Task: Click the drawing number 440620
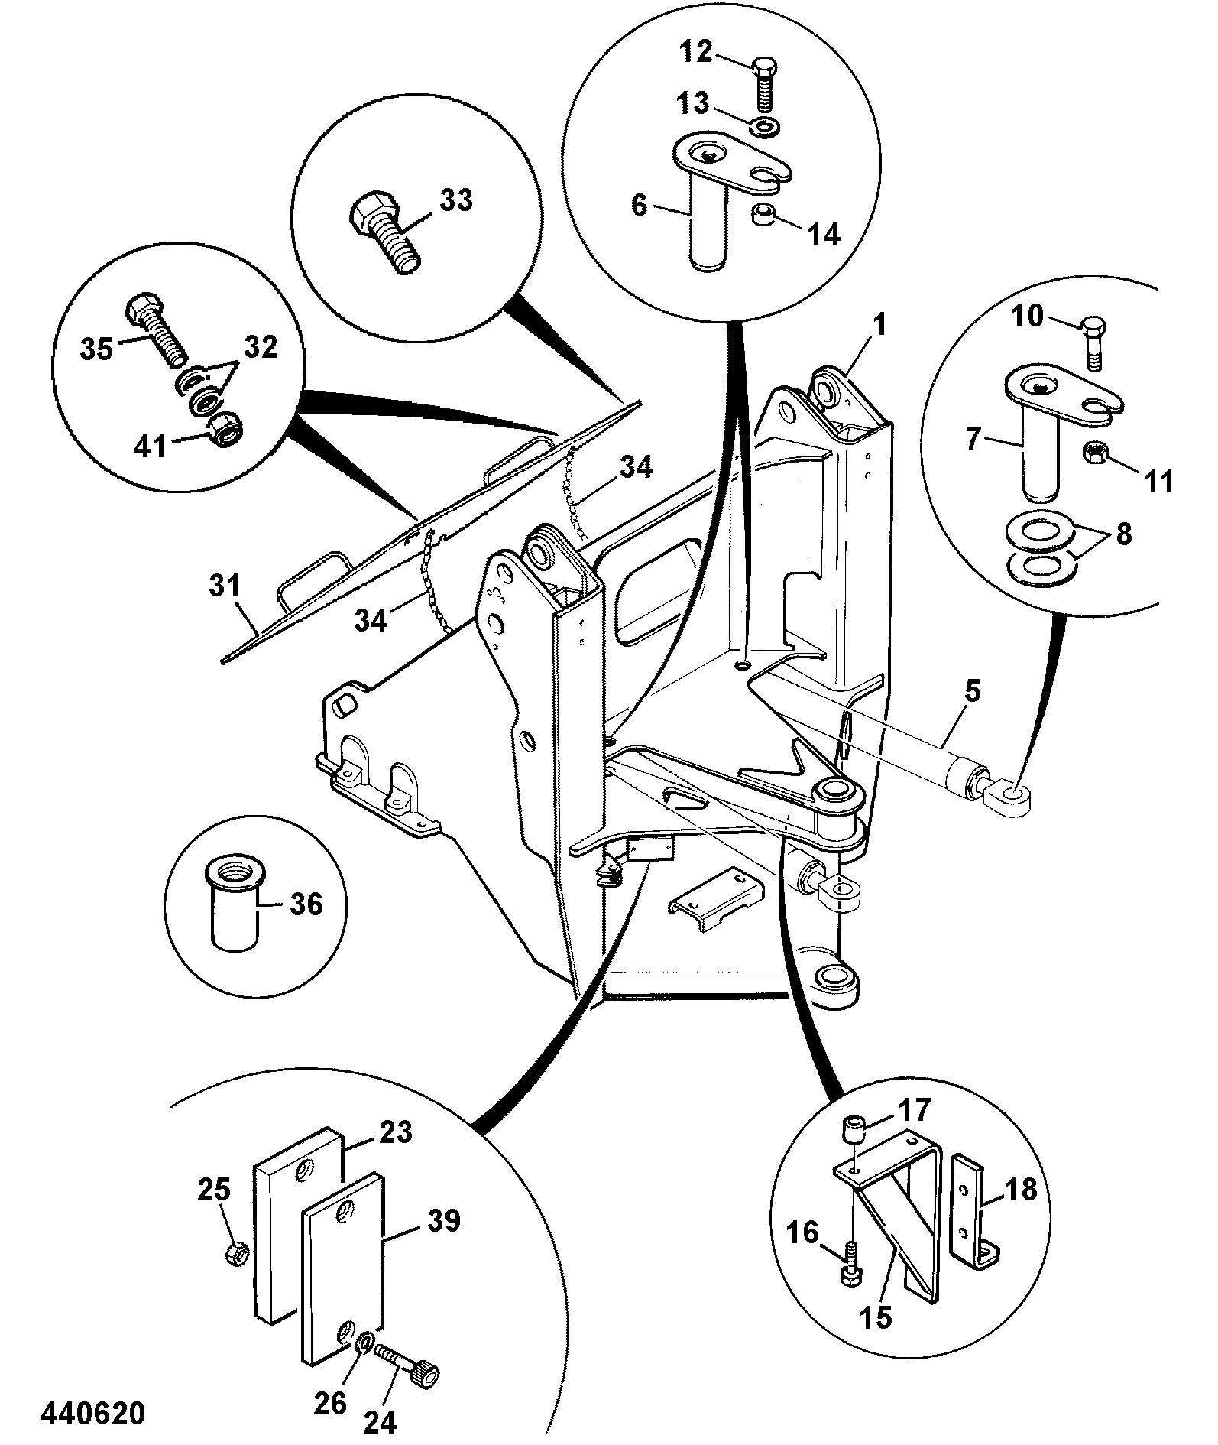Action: (x=93, y=1414)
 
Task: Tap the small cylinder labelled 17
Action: (x=854, y=1129)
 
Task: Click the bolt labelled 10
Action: (x=1093, y=345)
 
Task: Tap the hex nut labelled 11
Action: (x=1093, y=453)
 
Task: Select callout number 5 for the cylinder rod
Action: (x=972, y=692)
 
